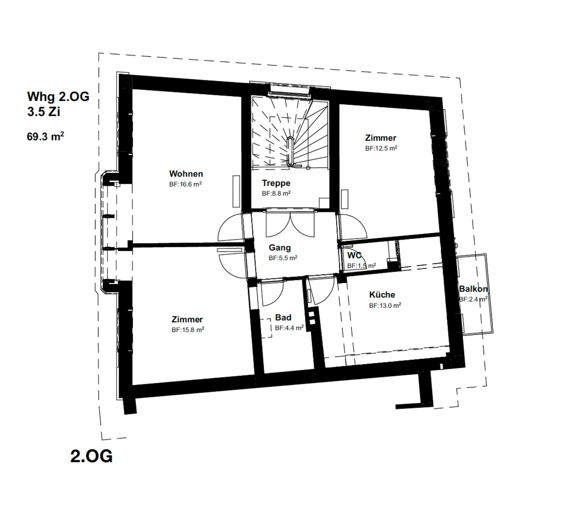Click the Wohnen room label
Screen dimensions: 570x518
pyautogui.click(x=186, y=174)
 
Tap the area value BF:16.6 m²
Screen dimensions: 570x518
pyautogui.click(x=186, y=184)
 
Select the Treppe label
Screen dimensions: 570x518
pyautogui.click(x=276, y=183)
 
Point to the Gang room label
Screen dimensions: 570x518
pyautogui.click(x=280, y=248)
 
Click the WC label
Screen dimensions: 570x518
pyautogui.click(x=354, y=255)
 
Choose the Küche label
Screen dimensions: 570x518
pyautogui.click(x=382, y=295)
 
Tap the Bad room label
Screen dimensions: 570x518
pyautogui.click(x=283, y=317)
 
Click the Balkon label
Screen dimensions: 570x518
pyautogui.click(x=473, y=289)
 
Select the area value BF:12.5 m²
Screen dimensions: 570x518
pyautogui.click(x=381, y=148)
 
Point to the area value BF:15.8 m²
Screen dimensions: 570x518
pyautogui.click(x=188, y=330)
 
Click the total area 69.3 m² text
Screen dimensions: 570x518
pyautogui.click(x=46, y=137)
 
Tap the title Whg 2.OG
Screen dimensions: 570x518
pyautogui.click(x=58, y=97)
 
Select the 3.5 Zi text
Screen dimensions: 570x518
pyautogui.click(x=44, y=112)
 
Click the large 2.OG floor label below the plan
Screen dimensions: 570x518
pyautogui.click(x=91, y=456)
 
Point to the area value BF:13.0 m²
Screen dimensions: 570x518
pyautogui.click(x=385, y=305)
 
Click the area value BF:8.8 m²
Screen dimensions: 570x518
pyautogui.click(x=276, y=193)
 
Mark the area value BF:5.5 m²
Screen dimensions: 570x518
pyautogui.click(x=283, y=258)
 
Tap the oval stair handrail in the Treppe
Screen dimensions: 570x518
pyautogui.click(x=290, y=151)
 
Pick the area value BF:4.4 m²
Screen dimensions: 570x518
pyautogui.click(x=289, y=328)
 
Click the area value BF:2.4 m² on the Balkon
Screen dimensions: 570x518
pyautogui.click(x=473, y=299)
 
